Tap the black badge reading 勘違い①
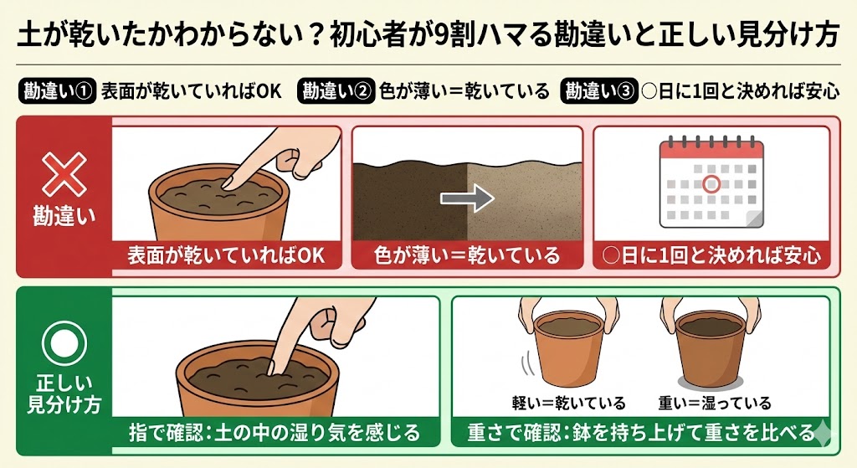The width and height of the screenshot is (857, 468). (x=55, y=90)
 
